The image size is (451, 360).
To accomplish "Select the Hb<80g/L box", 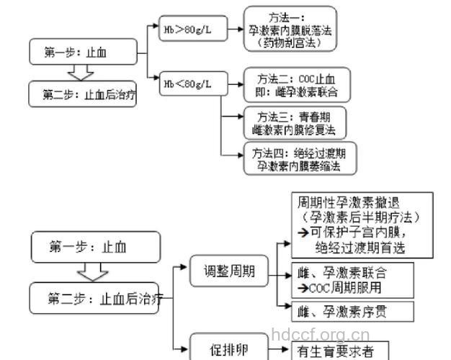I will pos(189,84).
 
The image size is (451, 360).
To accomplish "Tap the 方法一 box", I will pos(290,30).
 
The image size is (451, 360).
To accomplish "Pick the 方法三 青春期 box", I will pos(293,122).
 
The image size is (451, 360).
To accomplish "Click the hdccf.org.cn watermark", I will pos(321,335).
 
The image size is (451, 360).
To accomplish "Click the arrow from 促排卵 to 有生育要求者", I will pos(273,351).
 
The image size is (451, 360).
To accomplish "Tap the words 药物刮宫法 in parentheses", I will pos(290,43).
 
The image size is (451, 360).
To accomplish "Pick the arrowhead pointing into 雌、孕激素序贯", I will pos(287,311).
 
